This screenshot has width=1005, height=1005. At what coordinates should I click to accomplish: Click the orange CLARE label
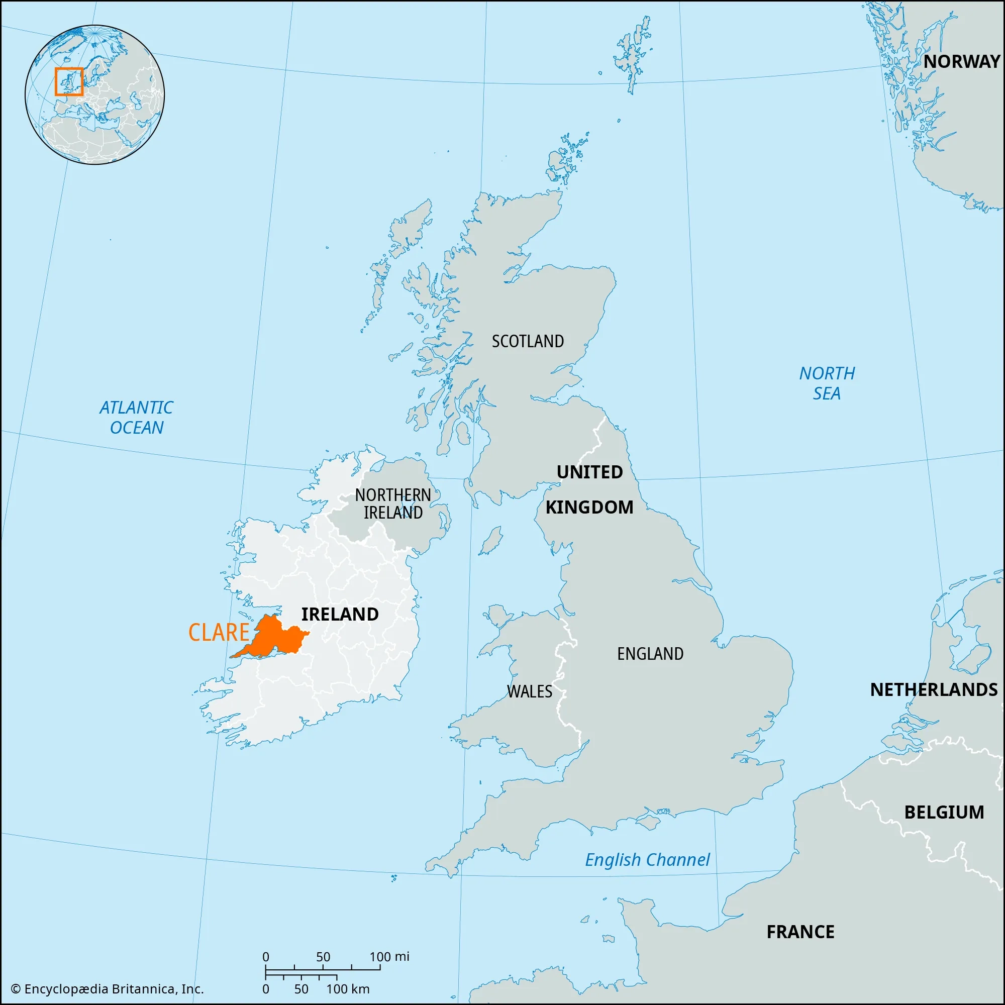pyautogui.click(x=219, y=632)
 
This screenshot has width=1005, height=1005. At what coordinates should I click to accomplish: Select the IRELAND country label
pyautogui.click(x=340, y=615)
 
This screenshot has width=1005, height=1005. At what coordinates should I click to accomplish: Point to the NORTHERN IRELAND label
pyautogui.click(x=393, y=504)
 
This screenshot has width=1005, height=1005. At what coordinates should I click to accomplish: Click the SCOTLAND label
pyautogui.click(x=528, y=341)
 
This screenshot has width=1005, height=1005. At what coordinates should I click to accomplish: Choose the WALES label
pyautogui.click(x=529, y=691)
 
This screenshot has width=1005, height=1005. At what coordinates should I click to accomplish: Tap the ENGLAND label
pyautogui.click(x=650, y=654)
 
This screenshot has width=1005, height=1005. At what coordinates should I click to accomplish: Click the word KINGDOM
pyautogui.click(x=589, y=507)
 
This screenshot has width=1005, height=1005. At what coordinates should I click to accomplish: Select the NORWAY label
pyautogui.click(x=961, y=61)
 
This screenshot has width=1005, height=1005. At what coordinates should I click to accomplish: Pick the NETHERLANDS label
pyautogui.click(x=934, y=690)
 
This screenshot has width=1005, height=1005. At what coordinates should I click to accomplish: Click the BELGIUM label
pyautogui.click(x=944, y=812)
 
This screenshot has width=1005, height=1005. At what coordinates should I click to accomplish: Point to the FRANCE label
pyautogui.click(x=800, y=932)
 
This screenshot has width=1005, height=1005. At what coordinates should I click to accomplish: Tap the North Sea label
pyautogui.click(x=827, y=383)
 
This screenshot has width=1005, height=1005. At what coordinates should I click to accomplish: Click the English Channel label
pyautogui.click(x=647, y=860)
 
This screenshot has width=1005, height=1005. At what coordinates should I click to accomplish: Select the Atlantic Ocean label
pyautogui.click(x=136, y=417)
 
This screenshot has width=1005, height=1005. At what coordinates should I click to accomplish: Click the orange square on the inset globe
pyautogui.click(x=69, y=82)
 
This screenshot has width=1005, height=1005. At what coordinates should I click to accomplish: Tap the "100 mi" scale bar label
pyautogui.click(x=389, y=957)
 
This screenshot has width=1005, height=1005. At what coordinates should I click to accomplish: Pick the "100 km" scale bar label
pyautogui.click(x=348, y=989)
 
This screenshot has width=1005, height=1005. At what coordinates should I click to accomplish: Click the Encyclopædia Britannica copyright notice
pyautogui.click(x=107, y=989)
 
